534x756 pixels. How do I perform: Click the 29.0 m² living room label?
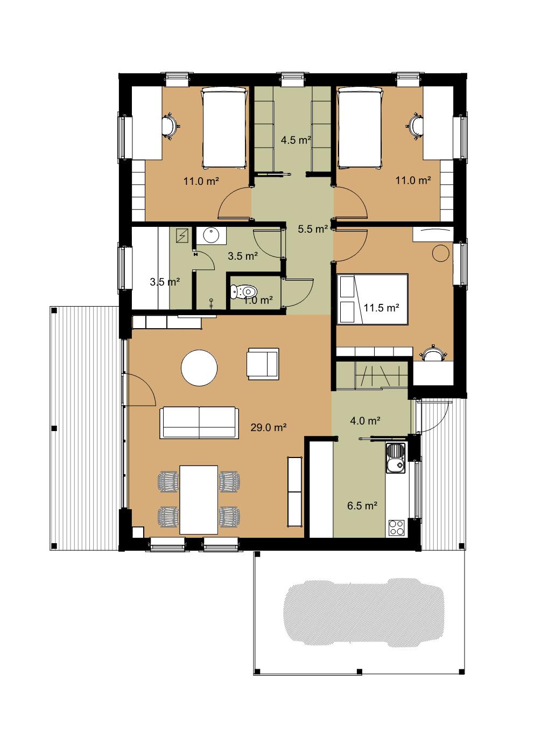point(269,428)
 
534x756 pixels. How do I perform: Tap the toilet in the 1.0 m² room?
point(244,291)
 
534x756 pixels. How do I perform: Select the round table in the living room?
point(199,367)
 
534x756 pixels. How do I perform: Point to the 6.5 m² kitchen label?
point(362,505)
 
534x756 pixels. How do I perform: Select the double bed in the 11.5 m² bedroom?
point(373,300)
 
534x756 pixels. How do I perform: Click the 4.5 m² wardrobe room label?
point(296,140)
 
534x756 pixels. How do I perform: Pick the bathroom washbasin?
point(211,235)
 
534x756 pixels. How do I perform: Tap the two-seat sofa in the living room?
point(199,422)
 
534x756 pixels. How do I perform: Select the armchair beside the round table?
point(263,364)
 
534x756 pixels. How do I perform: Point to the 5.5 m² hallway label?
point(313,229)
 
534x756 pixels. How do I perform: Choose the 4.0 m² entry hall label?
point(366,420)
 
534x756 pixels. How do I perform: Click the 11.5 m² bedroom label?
point(382,308)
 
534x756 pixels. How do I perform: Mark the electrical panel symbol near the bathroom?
point(184,235)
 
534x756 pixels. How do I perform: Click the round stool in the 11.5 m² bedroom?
point(441,253)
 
